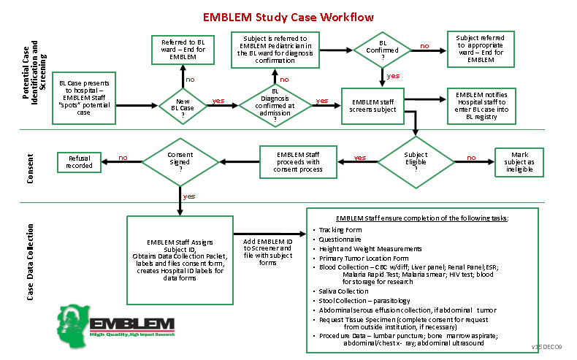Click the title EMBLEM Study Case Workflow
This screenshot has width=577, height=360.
288,17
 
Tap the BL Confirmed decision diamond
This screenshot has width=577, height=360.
382,48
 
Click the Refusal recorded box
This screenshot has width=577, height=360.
80,161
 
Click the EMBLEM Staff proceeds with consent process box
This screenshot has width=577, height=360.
298,163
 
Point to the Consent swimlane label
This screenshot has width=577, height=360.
31,166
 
